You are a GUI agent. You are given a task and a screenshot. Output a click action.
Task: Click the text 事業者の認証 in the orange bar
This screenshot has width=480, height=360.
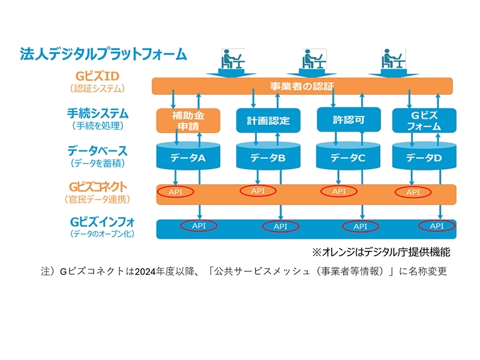[x=301, y=86]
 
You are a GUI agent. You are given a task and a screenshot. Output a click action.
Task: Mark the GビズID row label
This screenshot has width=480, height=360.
[x=98, y=77]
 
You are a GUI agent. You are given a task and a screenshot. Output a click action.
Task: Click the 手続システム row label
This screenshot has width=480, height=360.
[x=97, y=113]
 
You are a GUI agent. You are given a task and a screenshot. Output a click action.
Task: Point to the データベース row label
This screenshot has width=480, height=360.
[x=97, y=150]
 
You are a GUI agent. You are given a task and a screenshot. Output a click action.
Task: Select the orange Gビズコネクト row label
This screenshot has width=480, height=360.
[x=98, y=187]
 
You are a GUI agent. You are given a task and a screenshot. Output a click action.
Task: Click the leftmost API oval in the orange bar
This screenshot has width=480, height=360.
[x=176, y=192]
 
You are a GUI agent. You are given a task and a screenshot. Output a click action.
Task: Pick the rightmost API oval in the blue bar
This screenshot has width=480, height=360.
[x=436, y=226]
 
